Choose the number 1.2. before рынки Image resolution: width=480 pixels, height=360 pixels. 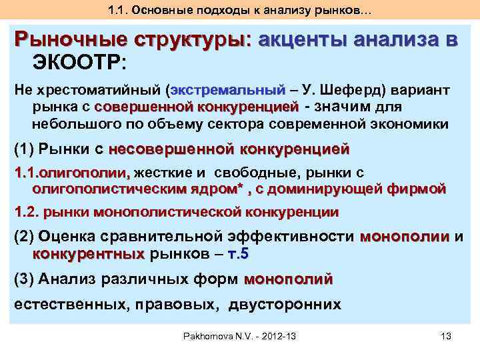[x=27, y=213]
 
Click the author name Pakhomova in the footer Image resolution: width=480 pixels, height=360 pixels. [x=213, y=335]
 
